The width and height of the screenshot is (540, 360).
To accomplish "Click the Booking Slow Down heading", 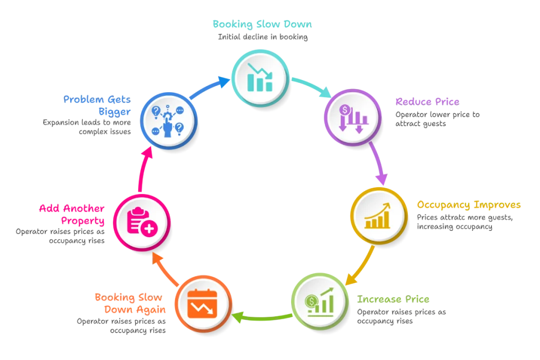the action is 262,24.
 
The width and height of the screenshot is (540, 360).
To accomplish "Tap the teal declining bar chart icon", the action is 260,77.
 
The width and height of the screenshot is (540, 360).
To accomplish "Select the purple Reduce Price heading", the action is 427,102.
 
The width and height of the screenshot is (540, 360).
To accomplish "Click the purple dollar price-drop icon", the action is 353,119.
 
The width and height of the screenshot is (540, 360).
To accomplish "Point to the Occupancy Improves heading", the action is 469,205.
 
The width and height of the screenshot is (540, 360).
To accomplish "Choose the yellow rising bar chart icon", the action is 378,216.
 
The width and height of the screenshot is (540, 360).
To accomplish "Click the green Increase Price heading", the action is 393,299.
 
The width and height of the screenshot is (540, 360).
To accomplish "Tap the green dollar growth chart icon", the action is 320,302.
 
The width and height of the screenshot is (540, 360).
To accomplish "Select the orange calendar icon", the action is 202,304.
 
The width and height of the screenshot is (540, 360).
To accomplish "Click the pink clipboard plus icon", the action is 142,222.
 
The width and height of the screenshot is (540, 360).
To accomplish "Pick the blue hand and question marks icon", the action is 168,121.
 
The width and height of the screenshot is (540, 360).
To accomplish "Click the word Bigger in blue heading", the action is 114,112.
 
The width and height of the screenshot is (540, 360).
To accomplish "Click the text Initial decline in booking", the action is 263,37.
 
